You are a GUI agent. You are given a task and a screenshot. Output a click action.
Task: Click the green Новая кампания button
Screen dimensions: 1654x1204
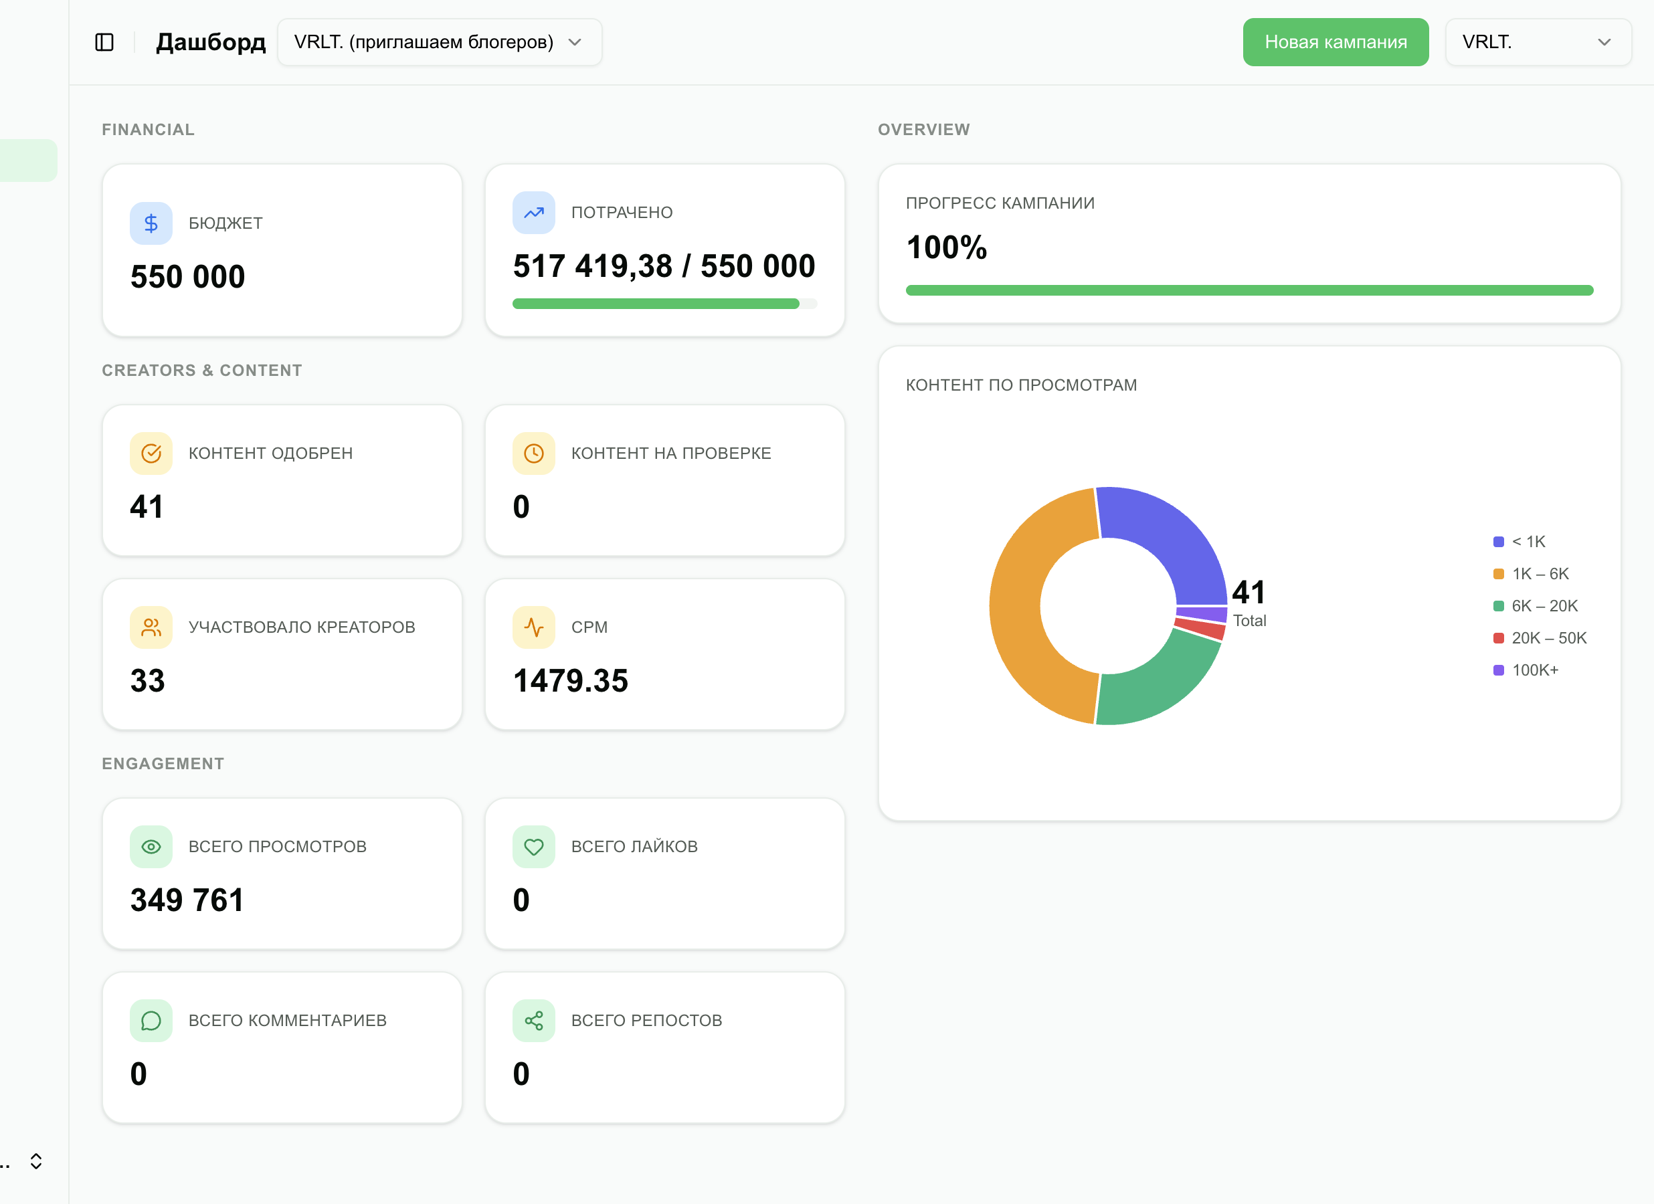pyautogui.click(x=1336, y=42)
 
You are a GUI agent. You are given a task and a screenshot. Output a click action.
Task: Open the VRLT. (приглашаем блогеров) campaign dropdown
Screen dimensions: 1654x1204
pyautogui.click(x=440, y=42)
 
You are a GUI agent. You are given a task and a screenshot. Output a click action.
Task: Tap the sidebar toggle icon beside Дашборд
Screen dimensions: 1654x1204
pyautogui.click(x=104, y=42)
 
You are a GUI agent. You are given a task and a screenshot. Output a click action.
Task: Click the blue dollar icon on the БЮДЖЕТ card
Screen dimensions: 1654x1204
pyautogui.click(x=151, y=223)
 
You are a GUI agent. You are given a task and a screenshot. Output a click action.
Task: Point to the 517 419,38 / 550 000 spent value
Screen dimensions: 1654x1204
pyautogui.click(x=664, y=266)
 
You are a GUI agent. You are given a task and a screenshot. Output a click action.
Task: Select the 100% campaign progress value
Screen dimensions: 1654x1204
pyautogui.click(x=947, y=247)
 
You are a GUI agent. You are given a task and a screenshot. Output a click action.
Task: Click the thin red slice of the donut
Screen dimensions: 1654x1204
pyautogui.click(x=1200, y=629)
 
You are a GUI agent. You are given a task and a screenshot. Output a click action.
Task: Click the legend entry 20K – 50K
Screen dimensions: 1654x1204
pyautogui.click(x=1540, y=638)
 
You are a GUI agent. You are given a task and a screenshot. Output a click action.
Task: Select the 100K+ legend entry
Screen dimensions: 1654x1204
pyautogui.click(x=1526, y=670)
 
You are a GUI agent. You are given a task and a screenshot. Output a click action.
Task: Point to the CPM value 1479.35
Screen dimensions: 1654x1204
pyautogui.click(x=570, y=681)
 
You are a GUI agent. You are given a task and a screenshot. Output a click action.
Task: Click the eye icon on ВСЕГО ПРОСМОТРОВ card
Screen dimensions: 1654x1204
pyautogui.click(x=151, y=847)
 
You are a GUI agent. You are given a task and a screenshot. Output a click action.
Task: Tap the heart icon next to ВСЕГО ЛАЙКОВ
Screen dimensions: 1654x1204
pyautogui.click(x=534, y=847)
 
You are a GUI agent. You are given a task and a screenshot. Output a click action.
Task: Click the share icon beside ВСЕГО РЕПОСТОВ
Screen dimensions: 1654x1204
pyautogui.click(x=534, y=1021)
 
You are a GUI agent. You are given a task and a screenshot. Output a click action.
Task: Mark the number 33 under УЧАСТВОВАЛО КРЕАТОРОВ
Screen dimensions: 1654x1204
pyautogui.click(x=147, y=681)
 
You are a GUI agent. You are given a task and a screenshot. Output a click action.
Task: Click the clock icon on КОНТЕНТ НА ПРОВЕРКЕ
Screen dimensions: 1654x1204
pyautogui.click(x=534, y=454)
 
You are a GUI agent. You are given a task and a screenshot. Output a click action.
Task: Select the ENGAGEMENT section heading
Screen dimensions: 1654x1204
pyautogui.click(x=163, y=763)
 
